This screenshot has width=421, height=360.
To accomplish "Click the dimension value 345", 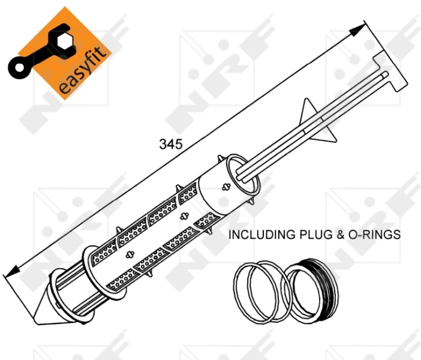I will [x=170, y=144].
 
